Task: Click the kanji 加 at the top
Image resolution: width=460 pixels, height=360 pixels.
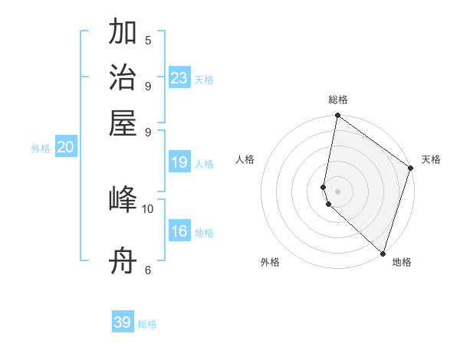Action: pos(123,33)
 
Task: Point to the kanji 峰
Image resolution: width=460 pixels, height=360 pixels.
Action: pos(123,200)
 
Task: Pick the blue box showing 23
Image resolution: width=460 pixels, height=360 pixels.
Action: pos(179,78)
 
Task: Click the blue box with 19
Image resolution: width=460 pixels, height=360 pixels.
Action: pos(179,162)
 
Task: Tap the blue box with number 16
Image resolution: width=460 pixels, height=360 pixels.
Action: pos(179,231)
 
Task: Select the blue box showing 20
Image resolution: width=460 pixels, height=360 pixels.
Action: pos(65,148)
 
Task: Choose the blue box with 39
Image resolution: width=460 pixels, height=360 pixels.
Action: pos(123,322)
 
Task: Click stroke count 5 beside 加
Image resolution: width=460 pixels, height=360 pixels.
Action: pos(148,40)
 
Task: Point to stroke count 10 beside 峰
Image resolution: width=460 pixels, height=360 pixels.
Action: pos(148,208)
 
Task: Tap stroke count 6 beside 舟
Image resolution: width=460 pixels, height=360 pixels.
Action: pos(148,270)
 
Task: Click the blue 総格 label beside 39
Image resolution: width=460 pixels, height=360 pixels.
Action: pos(147,324)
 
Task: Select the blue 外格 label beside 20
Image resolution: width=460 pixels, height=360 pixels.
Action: pos(41,149)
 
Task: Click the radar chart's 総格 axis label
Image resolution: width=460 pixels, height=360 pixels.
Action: pos(337,100)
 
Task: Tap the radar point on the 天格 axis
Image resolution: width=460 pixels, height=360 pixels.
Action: pos(411,168)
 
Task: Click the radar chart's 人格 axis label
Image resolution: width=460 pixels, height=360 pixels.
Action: pos(245,159)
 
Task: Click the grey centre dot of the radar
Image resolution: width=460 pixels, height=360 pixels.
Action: pos(337,191)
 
